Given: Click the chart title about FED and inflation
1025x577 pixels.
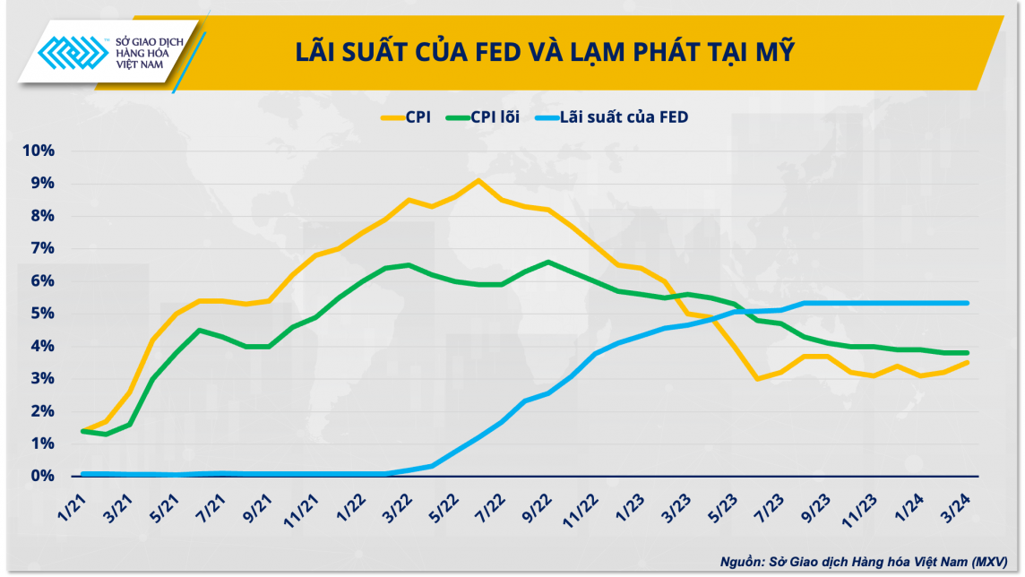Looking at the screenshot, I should pyautogui.click(x=545, y=52).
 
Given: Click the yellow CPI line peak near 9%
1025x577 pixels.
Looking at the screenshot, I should pyautogui.click(x=478, y=180).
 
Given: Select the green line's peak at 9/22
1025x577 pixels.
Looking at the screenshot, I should pyautogui.click(x=548, y=262).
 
